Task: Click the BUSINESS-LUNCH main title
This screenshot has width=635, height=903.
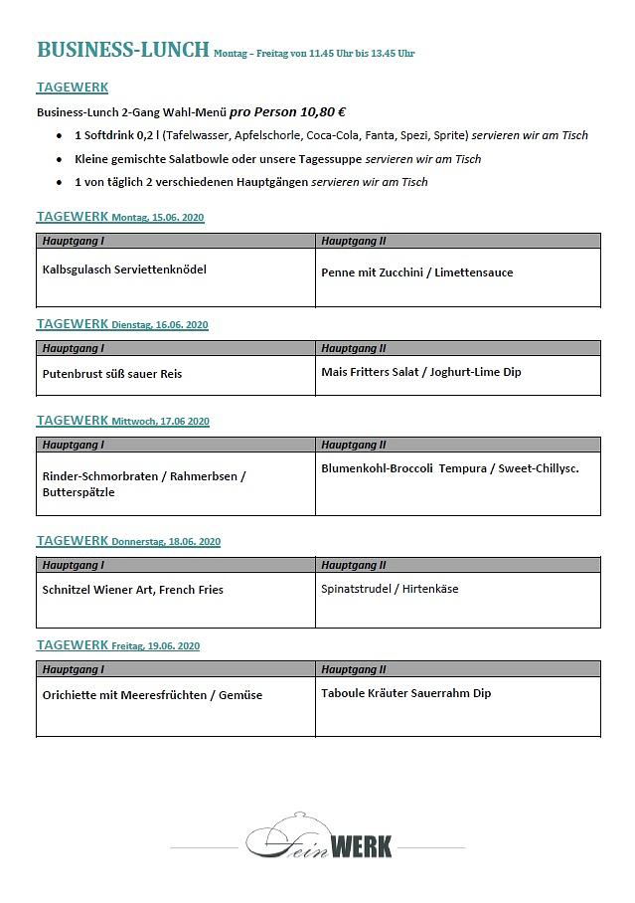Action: (123, 50)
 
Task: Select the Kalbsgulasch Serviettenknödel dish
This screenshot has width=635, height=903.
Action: (124, 270)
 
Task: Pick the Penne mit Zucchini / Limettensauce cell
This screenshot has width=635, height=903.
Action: (417, 272)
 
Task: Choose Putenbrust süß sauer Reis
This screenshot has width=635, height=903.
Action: (112, 374)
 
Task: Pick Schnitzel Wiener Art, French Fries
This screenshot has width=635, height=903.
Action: (133, 590)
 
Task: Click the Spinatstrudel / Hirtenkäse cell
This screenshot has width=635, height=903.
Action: (390, 589)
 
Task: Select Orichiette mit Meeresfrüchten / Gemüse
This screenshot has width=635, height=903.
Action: (152, 695)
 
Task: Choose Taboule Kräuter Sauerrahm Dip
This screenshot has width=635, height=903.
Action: (406, 693)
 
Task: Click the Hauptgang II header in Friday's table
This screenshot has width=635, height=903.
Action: (354, 669)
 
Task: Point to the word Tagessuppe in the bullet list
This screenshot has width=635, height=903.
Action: (329, 159)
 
